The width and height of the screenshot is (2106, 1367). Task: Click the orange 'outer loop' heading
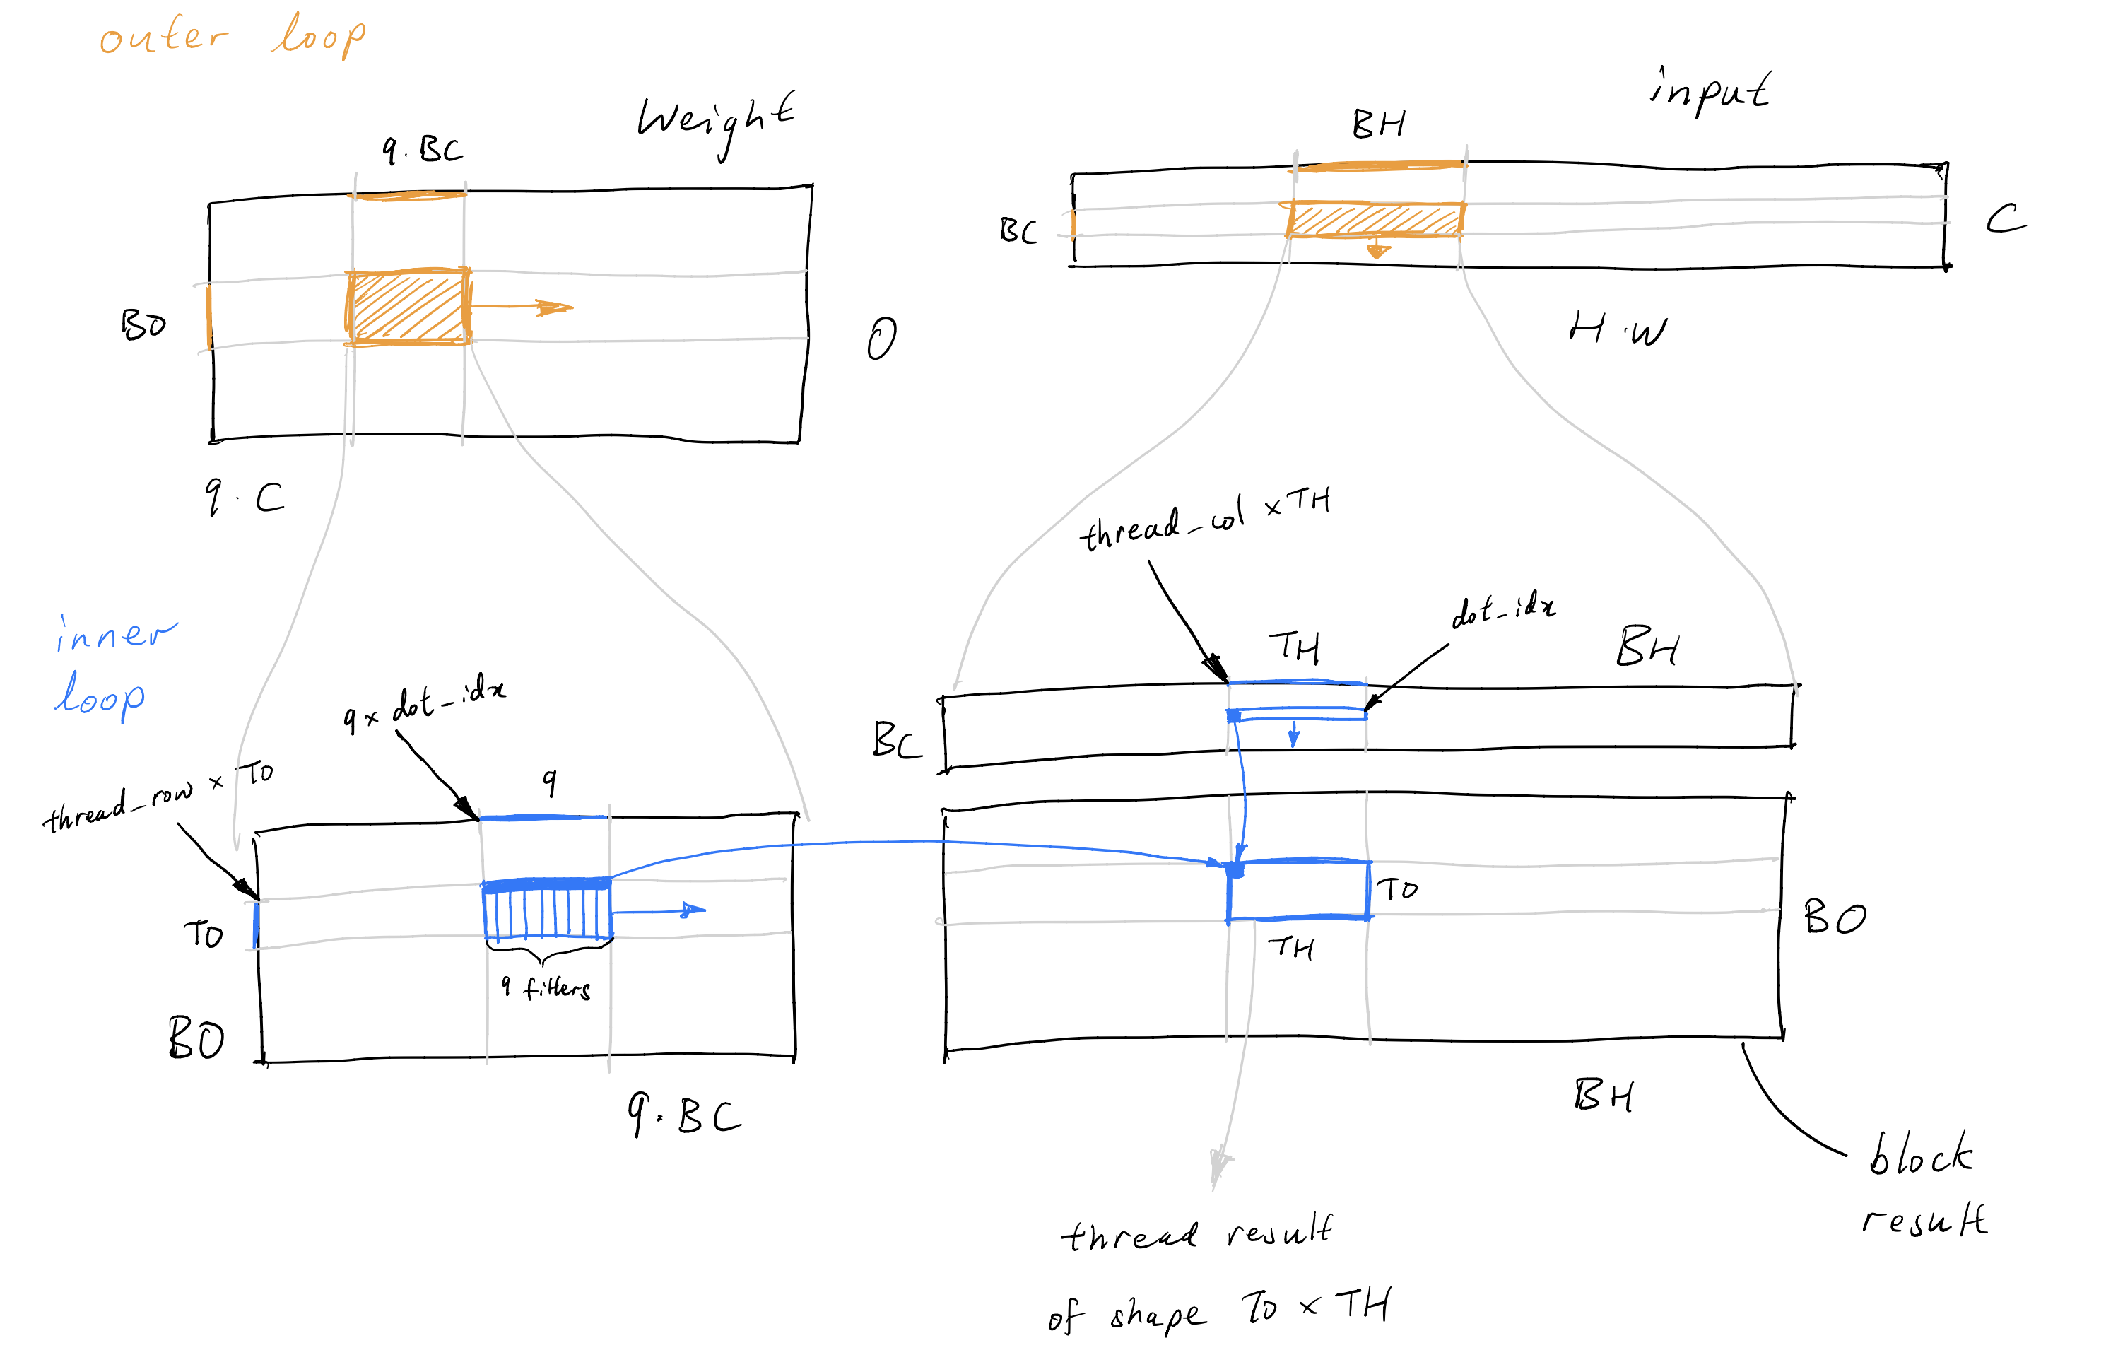(232, 37)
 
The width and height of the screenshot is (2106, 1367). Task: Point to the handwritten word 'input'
(1708, 91)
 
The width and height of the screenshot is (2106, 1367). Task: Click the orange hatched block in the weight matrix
(407, 306)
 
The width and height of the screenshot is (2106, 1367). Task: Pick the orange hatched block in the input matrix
(1375, 219)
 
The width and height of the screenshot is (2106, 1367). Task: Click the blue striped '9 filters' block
(547, 910)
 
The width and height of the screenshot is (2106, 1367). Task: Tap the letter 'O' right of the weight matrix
(881, 339)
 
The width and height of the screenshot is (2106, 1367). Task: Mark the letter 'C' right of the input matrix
(2005, 218)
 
